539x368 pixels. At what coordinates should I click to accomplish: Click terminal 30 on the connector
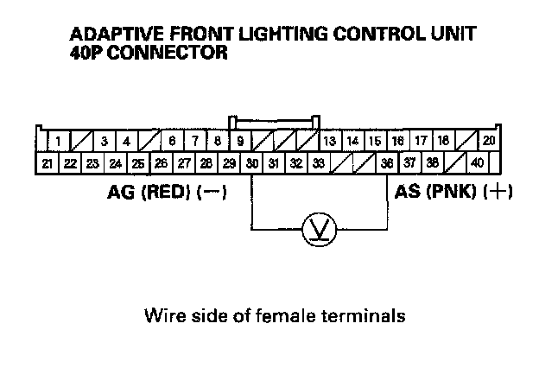pos(251,162)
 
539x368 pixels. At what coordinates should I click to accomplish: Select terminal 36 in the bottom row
pos(386,162)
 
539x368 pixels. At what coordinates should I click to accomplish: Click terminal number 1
pos(57,141)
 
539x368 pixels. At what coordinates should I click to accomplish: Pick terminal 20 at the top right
pos(489,141)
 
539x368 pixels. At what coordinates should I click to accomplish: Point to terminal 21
pos(48,162)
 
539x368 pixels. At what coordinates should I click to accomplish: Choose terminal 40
pos(478,162)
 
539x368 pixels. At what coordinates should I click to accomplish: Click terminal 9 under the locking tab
pos(239,141)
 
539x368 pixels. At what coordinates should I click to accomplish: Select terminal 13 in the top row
pos(329,141)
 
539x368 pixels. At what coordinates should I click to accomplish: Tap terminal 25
pos(138,162)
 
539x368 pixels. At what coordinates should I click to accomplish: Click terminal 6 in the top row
pos(173,141)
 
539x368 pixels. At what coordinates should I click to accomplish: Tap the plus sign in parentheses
pos(499,192)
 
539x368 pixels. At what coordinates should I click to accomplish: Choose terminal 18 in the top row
pos(443,141)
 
